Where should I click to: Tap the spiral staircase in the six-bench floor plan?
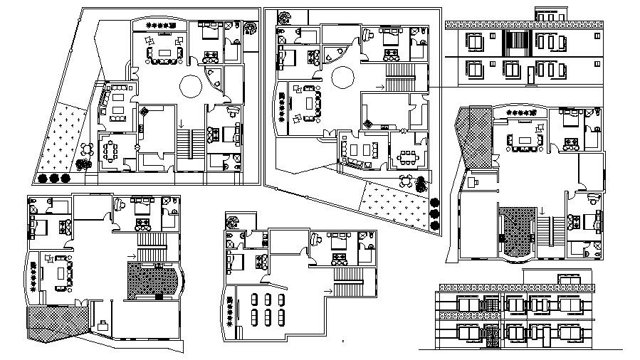[232, 222]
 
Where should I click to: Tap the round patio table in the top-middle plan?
[406, 180]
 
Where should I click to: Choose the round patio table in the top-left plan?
[85, 149]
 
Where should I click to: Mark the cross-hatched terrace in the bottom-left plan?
[57, 324]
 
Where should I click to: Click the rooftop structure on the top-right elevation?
[550, 14]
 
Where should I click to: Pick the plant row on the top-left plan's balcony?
[159, 26]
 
